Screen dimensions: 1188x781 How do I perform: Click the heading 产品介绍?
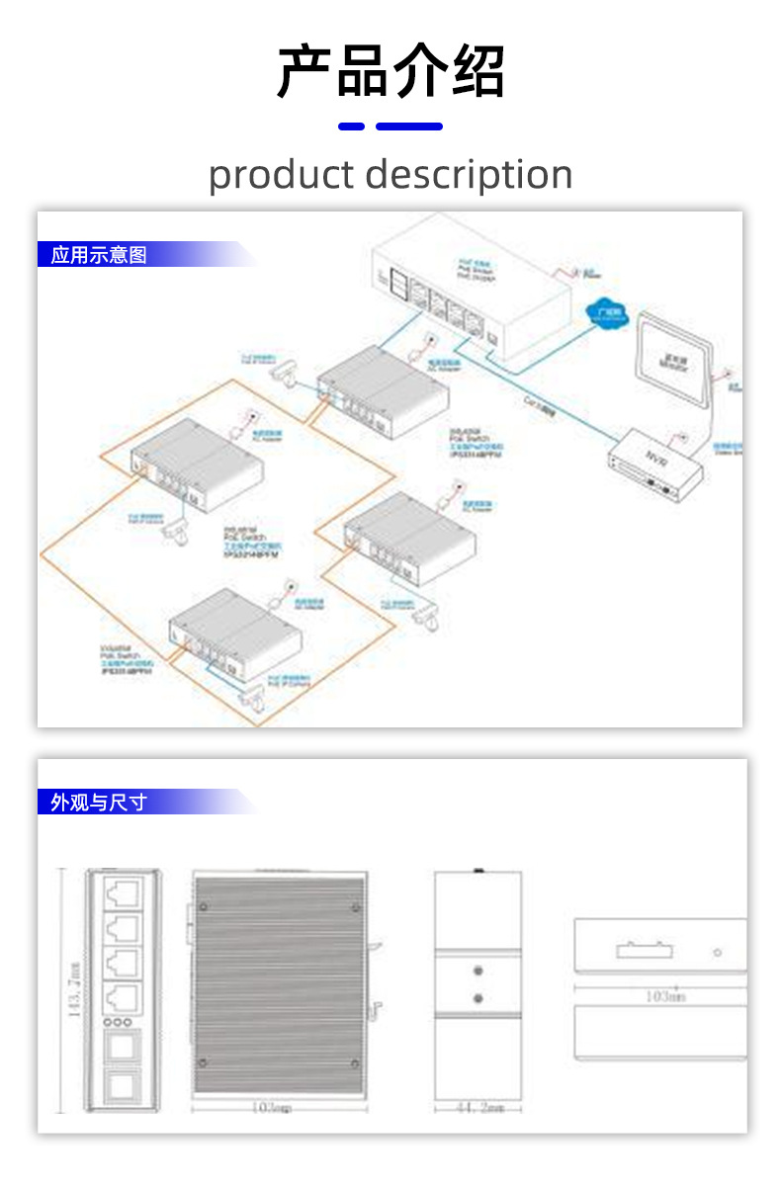[390, 71]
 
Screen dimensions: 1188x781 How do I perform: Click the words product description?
[390, 175]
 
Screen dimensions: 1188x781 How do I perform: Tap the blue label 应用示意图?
[99, 255]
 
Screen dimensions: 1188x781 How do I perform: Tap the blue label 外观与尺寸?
[99, 802]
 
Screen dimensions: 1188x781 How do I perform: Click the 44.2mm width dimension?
[477, 1108]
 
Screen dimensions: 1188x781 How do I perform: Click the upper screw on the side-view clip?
[477, 973]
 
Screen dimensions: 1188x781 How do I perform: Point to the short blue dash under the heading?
[351, 127]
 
